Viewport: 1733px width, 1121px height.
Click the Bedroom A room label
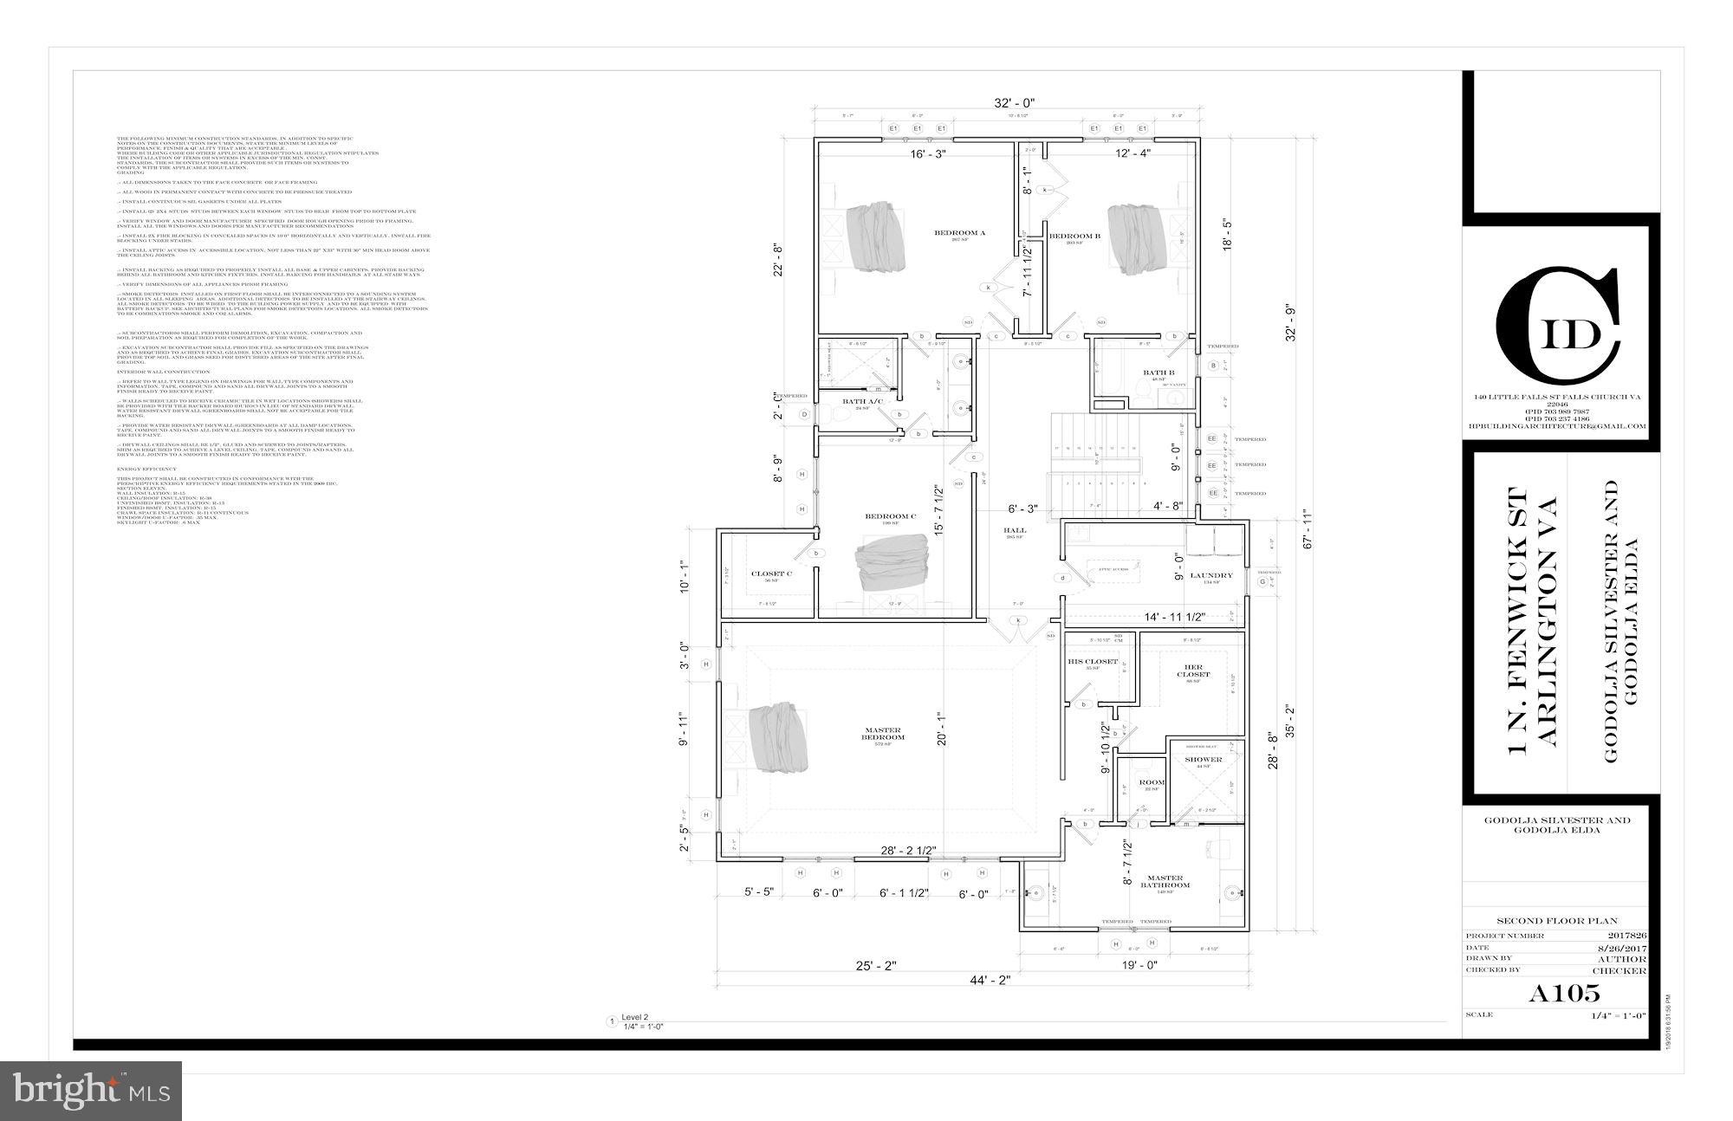[948, 232]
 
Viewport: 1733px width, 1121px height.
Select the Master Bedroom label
[882, 733]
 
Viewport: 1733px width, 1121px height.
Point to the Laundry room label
[1211, 575]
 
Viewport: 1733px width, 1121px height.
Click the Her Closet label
[1193, 671]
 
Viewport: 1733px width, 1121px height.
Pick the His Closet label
[1092, 661]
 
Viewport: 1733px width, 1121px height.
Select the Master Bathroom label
[1165, 881]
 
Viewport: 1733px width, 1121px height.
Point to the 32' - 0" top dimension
[1014, 103]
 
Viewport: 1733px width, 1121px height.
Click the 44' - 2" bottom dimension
[989, 980]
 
